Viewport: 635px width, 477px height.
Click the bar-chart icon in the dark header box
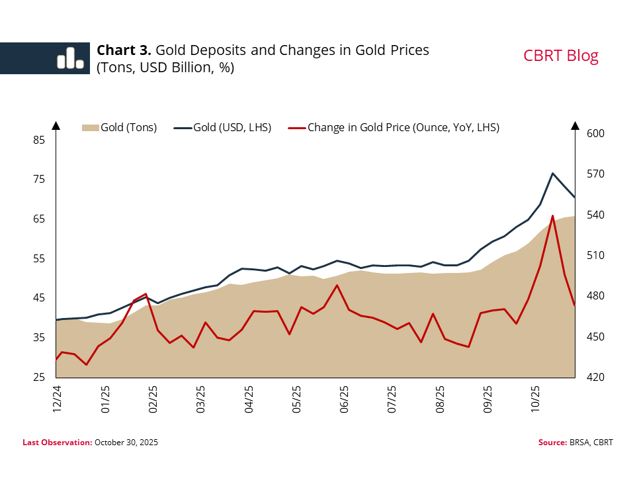pyautogui.click(x=70, y=58)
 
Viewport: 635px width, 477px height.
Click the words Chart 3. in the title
pyautogui.click(x=124, y=50)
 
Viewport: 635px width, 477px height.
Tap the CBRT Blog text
pyautogui.click(x=560, y=56)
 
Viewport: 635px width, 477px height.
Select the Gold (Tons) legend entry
pyautogui.click(x=119, y=127)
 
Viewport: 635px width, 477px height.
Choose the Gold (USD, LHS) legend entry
pyautogui.click(x=223, y=127)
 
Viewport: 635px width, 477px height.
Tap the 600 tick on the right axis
pyautogui.click(x=595, y=134)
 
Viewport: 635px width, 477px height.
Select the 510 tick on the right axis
pyautogui.click(x=595, y=256)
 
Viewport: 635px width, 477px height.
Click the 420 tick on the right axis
pyautogui.click(x=595, y=377)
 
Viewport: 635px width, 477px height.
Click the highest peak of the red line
pyautogui.click(x=552, y=216)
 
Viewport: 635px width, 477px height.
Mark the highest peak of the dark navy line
pyautogui.click(x=552, y=173)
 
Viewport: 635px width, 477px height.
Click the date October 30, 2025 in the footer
pyautogui.click(x=126, y=442)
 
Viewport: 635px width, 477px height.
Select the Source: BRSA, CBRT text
pyautogui.click(x=575, y=442)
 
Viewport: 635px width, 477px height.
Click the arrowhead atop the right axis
pyautogui.click(x=575, y=126)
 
